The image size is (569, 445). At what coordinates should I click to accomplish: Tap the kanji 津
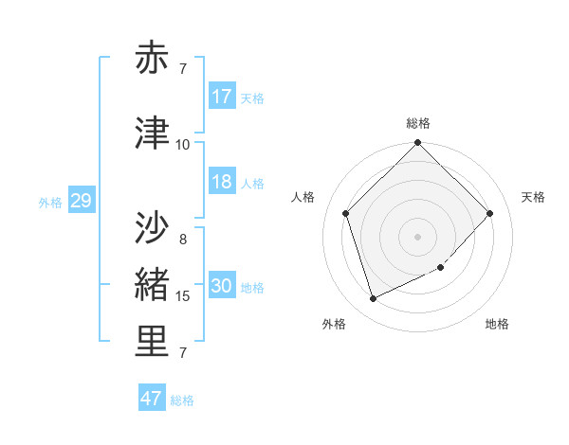point(153,133)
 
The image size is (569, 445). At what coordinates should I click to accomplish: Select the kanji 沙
point(153,227)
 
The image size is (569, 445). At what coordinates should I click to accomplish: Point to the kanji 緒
point(153,284)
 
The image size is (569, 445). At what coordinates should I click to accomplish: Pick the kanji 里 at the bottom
point(153,343)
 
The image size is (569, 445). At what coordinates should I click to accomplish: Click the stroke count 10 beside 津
point(183,145)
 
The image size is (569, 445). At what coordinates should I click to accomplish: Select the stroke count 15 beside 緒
point(183,296)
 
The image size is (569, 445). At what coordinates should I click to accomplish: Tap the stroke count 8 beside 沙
point(183,239)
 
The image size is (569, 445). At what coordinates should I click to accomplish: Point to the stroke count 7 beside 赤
point(183,69)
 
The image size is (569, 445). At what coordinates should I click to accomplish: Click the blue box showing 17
point(222,97)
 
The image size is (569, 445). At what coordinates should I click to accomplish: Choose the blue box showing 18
point(222,182)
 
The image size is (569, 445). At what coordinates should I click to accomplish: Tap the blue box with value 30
point(222,287)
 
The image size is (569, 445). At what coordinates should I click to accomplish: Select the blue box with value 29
point(81,201)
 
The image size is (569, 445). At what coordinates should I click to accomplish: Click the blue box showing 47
point(152,399)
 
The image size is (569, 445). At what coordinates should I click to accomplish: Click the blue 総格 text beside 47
point(182,400)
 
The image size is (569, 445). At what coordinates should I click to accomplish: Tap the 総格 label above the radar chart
point(418,123)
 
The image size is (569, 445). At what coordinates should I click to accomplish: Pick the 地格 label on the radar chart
point(497,324)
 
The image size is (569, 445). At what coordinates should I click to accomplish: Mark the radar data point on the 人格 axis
point(346,213)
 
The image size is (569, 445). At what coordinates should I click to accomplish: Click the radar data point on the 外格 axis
point(374,298)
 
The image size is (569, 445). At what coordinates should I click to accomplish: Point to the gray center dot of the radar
point(418,236)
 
